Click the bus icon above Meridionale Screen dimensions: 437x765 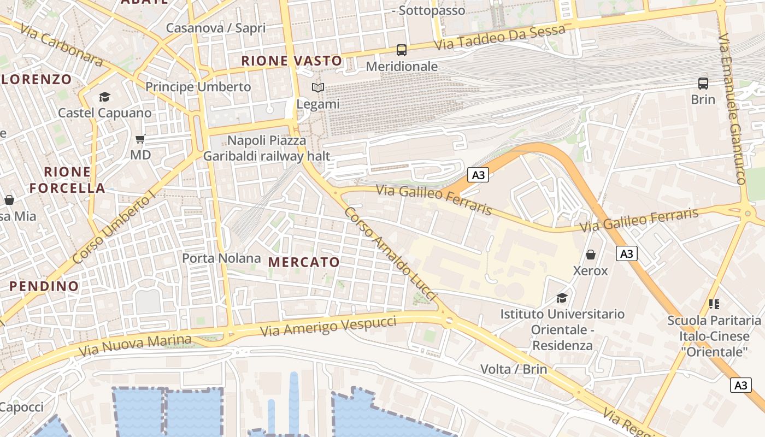coord(402,50)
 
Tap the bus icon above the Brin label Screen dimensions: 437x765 coord(703,84)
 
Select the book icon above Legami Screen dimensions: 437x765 coord(318,87)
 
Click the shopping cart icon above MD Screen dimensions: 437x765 coord(140,139)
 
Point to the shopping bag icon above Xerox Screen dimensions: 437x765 coord(591,255)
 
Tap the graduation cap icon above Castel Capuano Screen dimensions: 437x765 coord(104,97)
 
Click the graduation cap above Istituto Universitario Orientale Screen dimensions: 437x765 coord(562,298)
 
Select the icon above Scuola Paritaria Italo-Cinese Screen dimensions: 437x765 coord(714,304)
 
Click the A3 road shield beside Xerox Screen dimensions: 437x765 coord(627,253)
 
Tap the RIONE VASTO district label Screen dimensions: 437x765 coord(292,61)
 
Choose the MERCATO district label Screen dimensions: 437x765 coord(304,262)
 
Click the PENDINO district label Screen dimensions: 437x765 coord(44,286)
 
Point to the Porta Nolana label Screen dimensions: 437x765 coord(221,258)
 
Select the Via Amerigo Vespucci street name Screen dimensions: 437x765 coord(328,326)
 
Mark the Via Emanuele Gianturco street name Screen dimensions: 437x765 coord(733,109)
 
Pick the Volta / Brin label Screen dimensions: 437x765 coord(514,369)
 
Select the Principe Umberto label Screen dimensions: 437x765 coord(198,87)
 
